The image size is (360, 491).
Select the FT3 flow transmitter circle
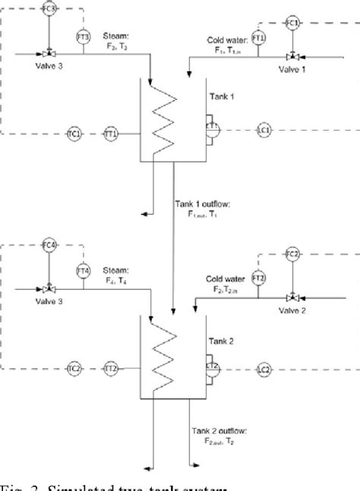pyautogui.click(x=84, y=36)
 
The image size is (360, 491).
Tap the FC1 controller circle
pyautogui.click(x=292, y=24)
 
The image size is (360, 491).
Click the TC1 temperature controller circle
pyautogui.click(x=74, y=134)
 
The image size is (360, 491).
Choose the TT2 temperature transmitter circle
pyautogui.click(x=111, y=369)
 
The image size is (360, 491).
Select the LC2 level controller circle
pyautogui.click(x=264, y=369)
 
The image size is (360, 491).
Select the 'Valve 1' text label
pyautogui.click(x=292, y=70)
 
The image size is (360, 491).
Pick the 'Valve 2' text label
pyautogui.click(x=292, y=311)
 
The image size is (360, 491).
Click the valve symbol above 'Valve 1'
pyautogui.click(x=292, y=55)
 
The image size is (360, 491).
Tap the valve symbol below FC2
pyautogui.click(x=292, y=297)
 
